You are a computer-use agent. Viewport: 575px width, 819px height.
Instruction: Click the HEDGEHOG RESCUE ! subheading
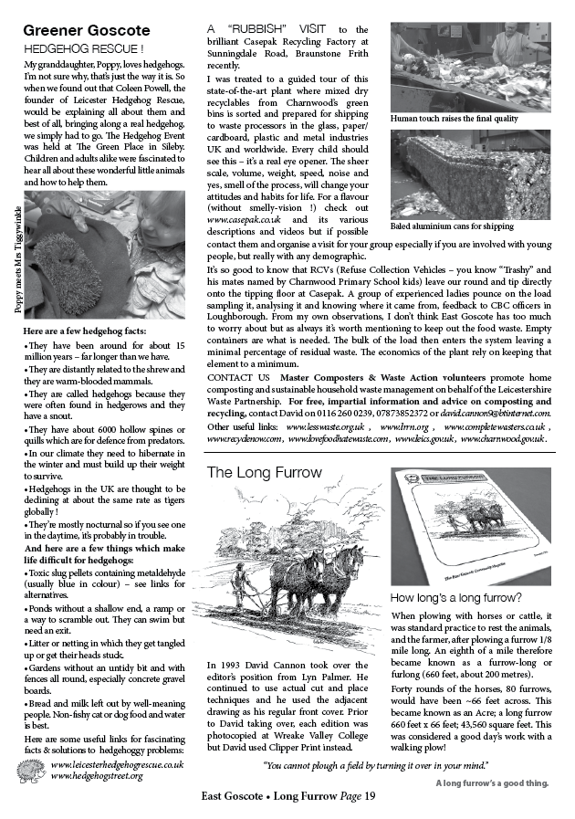click(83, 47)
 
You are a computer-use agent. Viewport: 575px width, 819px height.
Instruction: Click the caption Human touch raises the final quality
click(455, 119)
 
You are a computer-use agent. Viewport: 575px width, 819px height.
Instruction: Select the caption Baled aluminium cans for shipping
click(452, 226)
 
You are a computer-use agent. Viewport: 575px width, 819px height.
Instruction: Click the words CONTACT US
click(238, 377)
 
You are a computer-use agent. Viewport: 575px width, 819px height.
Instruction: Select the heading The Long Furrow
click(265, 473)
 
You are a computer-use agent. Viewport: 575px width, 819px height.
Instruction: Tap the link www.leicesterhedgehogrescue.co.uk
click(118, 764)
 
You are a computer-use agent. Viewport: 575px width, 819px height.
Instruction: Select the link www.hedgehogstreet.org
click(97, 776)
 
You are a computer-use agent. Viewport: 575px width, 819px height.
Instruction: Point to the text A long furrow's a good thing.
click(491, 782)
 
